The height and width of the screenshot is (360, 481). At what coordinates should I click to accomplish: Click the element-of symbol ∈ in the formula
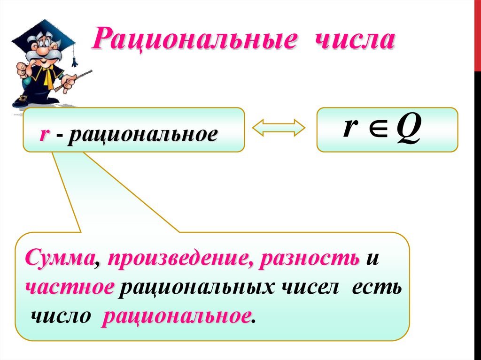point(374,129)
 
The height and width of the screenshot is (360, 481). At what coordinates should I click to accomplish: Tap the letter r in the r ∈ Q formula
point(349,128)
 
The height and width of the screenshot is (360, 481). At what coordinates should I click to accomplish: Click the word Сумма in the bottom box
point(59,259)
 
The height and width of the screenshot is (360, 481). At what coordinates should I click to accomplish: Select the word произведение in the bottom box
point(181,259)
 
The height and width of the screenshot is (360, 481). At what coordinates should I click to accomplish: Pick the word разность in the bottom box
point(310,259)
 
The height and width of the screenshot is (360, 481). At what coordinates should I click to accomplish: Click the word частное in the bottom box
point(70,287)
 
